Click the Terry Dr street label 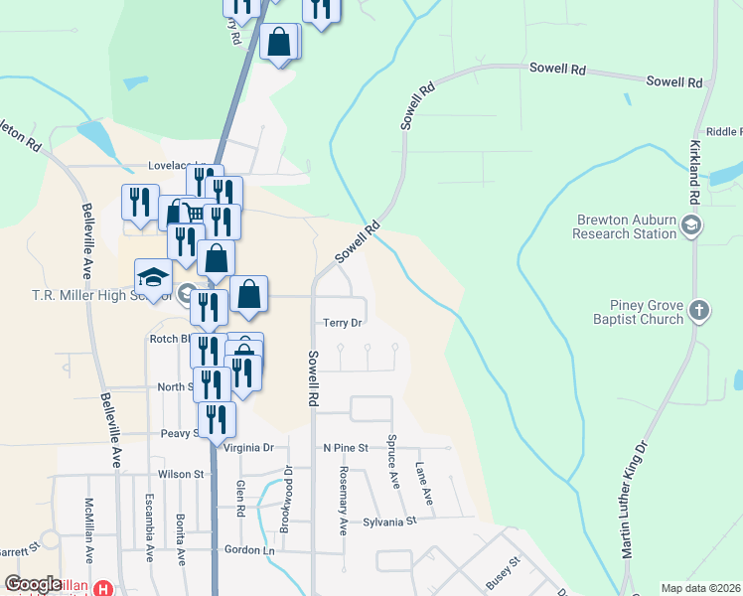[x=343, y=323]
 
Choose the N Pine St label [x=345, y=448]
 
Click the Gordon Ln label [x=248, y=550]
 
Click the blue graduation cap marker [x=154, y=277]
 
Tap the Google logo [x=33, y=584]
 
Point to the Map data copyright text [x=698, y=588]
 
